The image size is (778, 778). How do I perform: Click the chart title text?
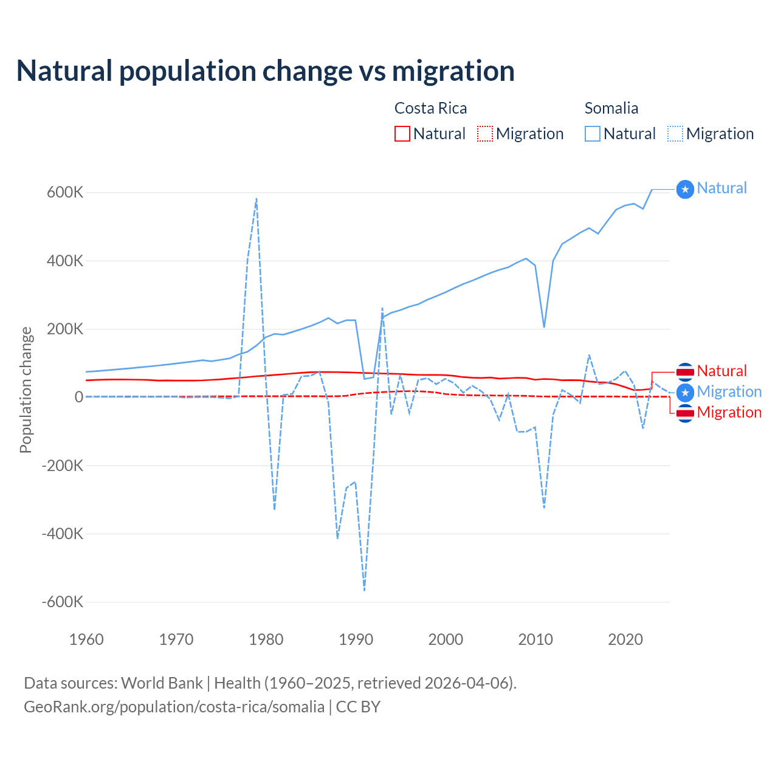tap(265, 71)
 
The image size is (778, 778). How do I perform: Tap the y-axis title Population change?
tap(26, 390)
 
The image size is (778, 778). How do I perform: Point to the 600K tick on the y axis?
tap(65, 193)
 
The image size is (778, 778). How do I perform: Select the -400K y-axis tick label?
tap(62, 534)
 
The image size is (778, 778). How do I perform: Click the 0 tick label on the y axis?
tap(78, 397)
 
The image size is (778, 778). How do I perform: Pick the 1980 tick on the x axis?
tap(266, 639)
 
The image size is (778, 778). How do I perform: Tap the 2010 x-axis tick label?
tap(535, 639)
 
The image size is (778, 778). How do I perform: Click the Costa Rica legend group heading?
tap(430, 108)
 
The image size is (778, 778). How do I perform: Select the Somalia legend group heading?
tap(611, 108)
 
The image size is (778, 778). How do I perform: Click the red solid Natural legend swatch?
tap(402, 134)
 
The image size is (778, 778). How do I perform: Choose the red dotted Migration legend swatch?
tap(485, 134)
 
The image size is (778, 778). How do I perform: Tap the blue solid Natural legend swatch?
tap(593, 134)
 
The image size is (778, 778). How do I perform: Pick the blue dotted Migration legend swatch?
tap(675, 134)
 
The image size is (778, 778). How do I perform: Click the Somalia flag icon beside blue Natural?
tap(685, 190)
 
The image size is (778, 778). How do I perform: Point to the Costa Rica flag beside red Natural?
tap(685, 371)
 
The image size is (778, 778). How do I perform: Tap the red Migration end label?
tap(729, 413)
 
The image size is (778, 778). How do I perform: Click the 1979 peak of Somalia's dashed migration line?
tap(256, 198)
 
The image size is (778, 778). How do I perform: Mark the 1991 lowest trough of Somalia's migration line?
tap(364, 590)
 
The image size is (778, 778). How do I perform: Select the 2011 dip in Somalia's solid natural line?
tap(544, 327)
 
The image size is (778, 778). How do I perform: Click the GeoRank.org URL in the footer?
tap(174, 707)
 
